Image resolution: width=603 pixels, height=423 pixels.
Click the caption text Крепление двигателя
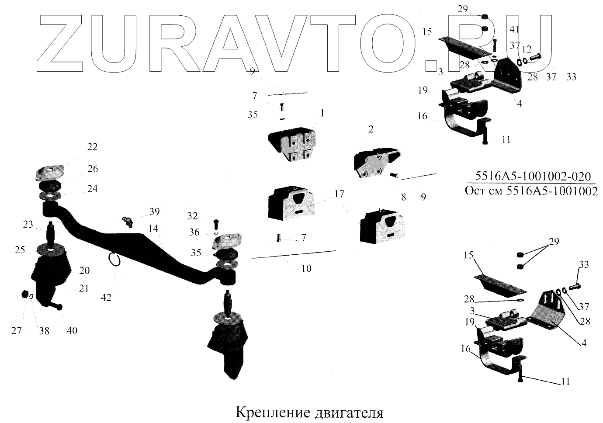[309, 413]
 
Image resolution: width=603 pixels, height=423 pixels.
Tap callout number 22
[92, 147]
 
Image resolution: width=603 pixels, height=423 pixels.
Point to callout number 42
[106, 297]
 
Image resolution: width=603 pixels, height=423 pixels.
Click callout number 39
[155, 211]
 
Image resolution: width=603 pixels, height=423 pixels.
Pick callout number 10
[306, 268]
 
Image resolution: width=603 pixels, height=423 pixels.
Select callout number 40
[72, 330]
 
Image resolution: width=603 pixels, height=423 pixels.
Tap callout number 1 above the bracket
[322, 113]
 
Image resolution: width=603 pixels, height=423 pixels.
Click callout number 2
[371, 129]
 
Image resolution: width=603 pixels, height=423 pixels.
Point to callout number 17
[340, 194]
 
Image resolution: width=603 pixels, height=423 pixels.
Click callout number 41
[515, 29]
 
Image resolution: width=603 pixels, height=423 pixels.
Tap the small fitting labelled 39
[128, 222]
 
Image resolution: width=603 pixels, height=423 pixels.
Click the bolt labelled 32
[217, 225]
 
